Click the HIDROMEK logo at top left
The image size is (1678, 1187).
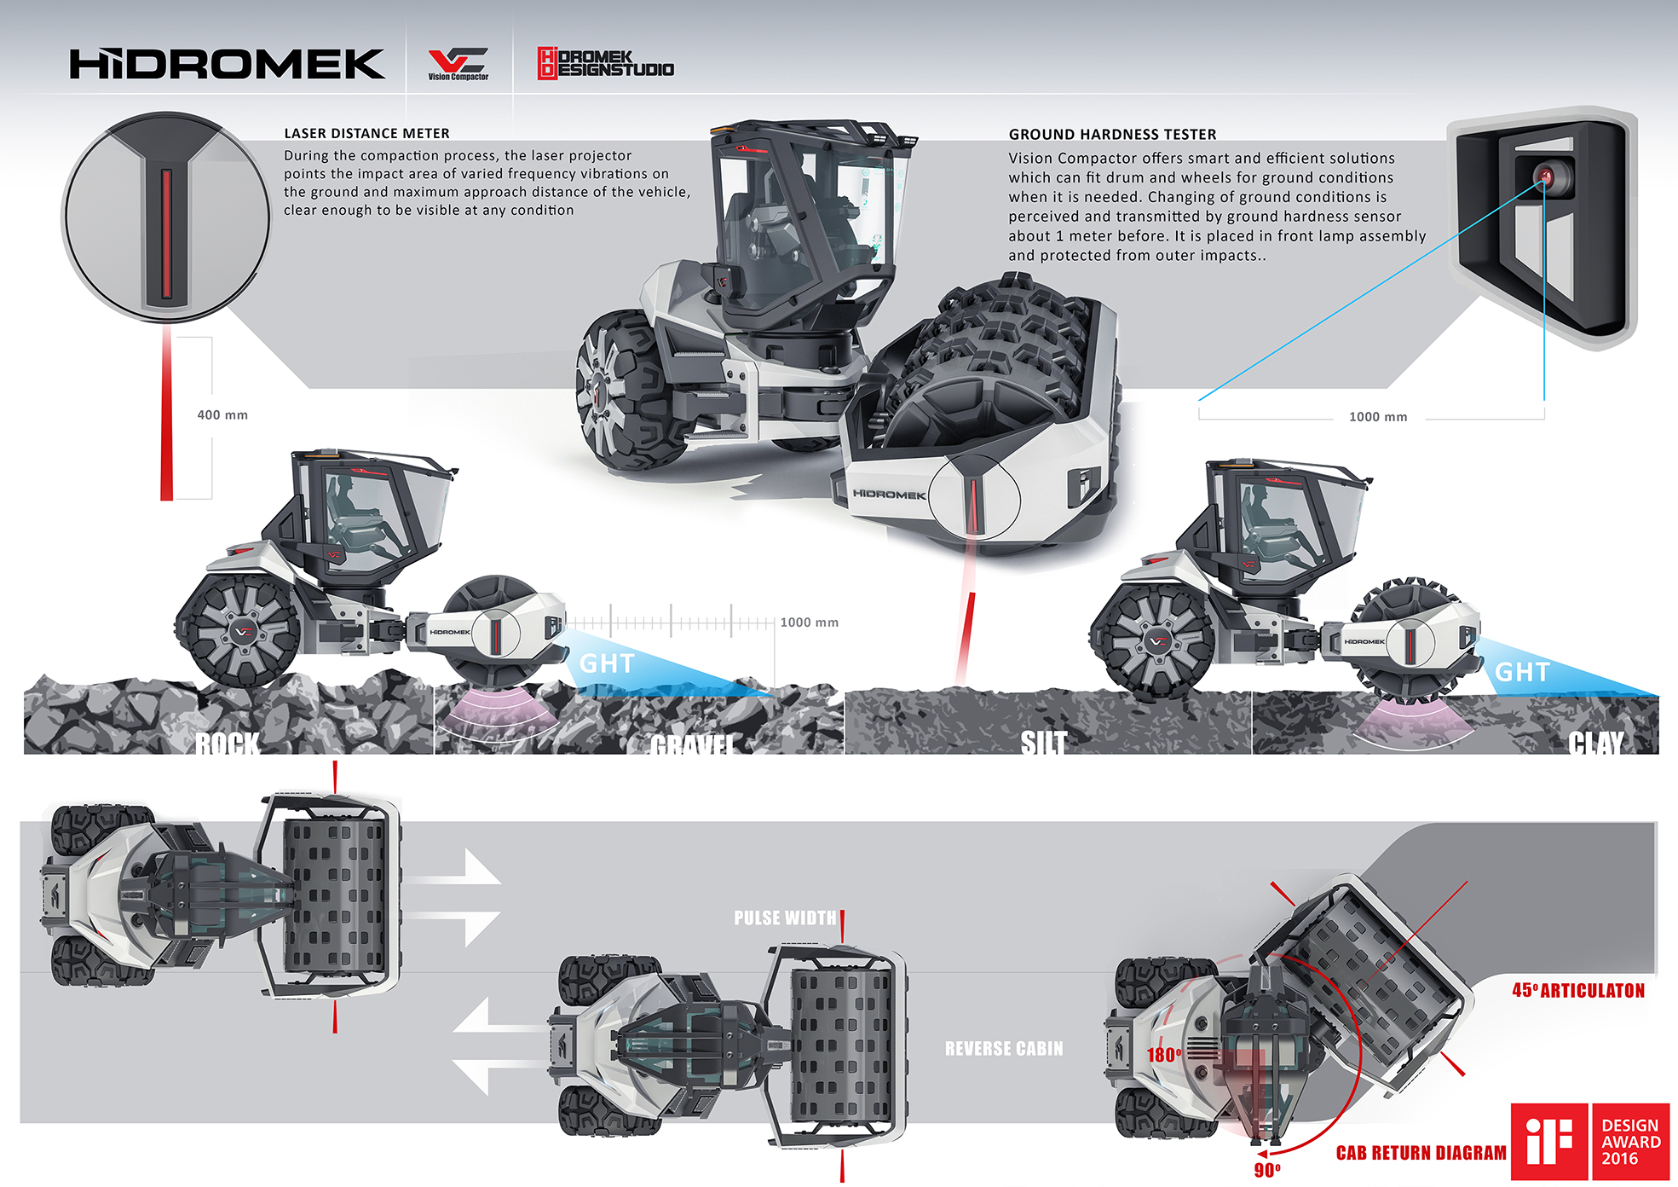pos(227,65)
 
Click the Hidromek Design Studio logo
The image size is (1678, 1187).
pos(605,63)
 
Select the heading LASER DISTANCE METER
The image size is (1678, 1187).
pos(366,133)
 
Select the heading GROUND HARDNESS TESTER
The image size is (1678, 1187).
pos(1112,134)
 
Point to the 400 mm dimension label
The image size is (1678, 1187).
pos(222,415)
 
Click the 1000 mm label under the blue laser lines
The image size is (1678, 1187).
pos(1377,417)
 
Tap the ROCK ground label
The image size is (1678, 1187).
pos(227,744)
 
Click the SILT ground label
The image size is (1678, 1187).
pos(1044,743)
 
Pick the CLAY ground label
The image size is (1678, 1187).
pos(1596,743)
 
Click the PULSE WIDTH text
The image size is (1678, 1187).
pos(785,918)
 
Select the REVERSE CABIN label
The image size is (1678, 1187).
pos(1004,1048)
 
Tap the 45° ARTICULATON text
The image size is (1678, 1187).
pos(1578,990)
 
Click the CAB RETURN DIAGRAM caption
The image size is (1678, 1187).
pos(1421,1153)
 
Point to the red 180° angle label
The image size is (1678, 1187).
pos(1164,1055)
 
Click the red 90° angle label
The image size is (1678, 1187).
pos(1267,1170)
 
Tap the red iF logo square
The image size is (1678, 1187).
pos(1548,1142)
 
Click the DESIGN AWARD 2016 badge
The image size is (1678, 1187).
pos(1630,1142)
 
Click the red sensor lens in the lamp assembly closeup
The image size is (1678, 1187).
pos(1545,177)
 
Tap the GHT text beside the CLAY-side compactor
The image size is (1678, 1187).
pos(1522,672)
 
